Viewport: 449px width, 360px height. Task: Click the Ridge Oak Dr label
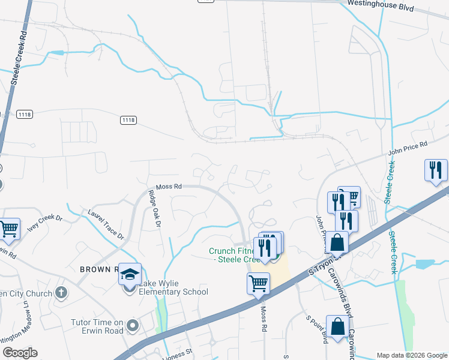(153, 208)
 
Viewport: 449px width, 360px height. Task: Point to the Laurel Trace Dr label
(105, 223)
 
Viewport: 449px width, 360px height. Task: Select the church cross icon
(60, 293)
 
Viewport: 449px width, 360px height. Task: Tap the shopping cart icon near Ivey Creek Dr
(9, 228)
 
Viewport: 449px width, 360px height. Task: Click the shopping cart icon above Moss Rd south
(258, 282)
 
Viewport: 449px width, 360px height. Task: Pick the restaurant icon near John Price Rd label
(435, 170)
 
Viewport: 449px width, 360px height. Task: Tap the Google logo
(20, 353)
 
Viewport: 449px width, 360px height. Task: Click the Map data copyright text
(412, 355)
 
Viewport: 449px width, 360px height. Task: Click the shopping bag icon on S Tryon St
(339, 242)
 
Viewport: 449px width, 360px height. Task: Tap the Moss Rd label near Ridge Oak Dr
(169, 187)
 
